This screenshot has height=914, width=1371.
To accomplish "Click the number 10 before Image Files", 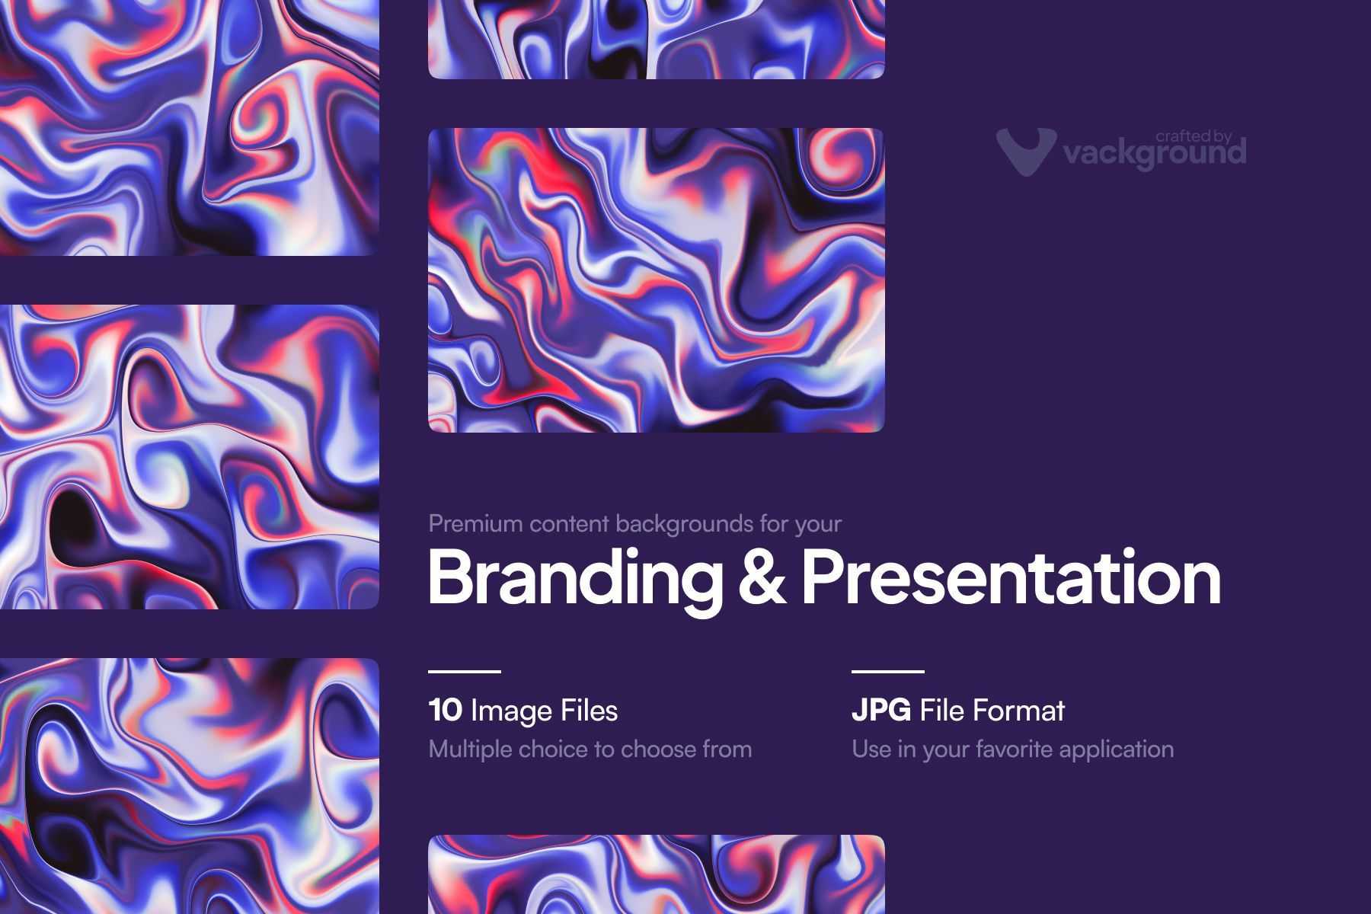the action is coord(446,711).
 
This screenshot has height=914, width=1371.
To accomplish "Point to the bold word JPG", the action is coord(881,711).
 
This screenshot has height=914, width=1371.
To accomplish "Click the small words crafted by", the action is coord(1194,136).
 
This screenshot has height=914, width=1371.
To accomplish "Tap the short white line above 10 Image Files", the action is coord(465,672).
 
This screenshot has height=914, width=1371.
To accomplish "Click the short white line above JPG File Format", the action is coord(888,672).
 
